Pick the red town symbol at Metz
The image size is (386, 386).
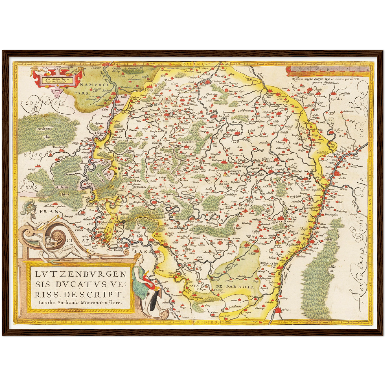pos(278,310)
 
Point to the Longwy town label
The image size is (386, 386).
pos(244,247)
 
